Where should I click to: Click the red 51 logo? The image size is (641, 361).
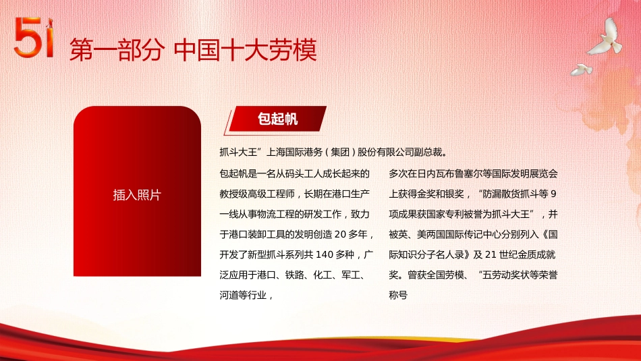coord(33,38)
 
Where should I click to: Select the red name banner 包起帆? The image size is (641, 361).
coord(277,119)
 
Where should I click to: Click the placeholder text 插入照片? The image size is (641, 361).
coord(137,195)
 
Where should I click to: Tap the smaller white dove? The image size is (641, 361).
coord(581,69)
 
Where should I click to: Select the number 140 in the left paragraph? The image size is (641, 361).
coord(325,255)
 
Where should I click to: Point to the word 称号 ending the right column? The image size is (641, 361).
coord(399,296)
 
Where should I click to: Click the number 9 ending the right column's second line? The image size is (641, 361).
coord(555,194)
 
